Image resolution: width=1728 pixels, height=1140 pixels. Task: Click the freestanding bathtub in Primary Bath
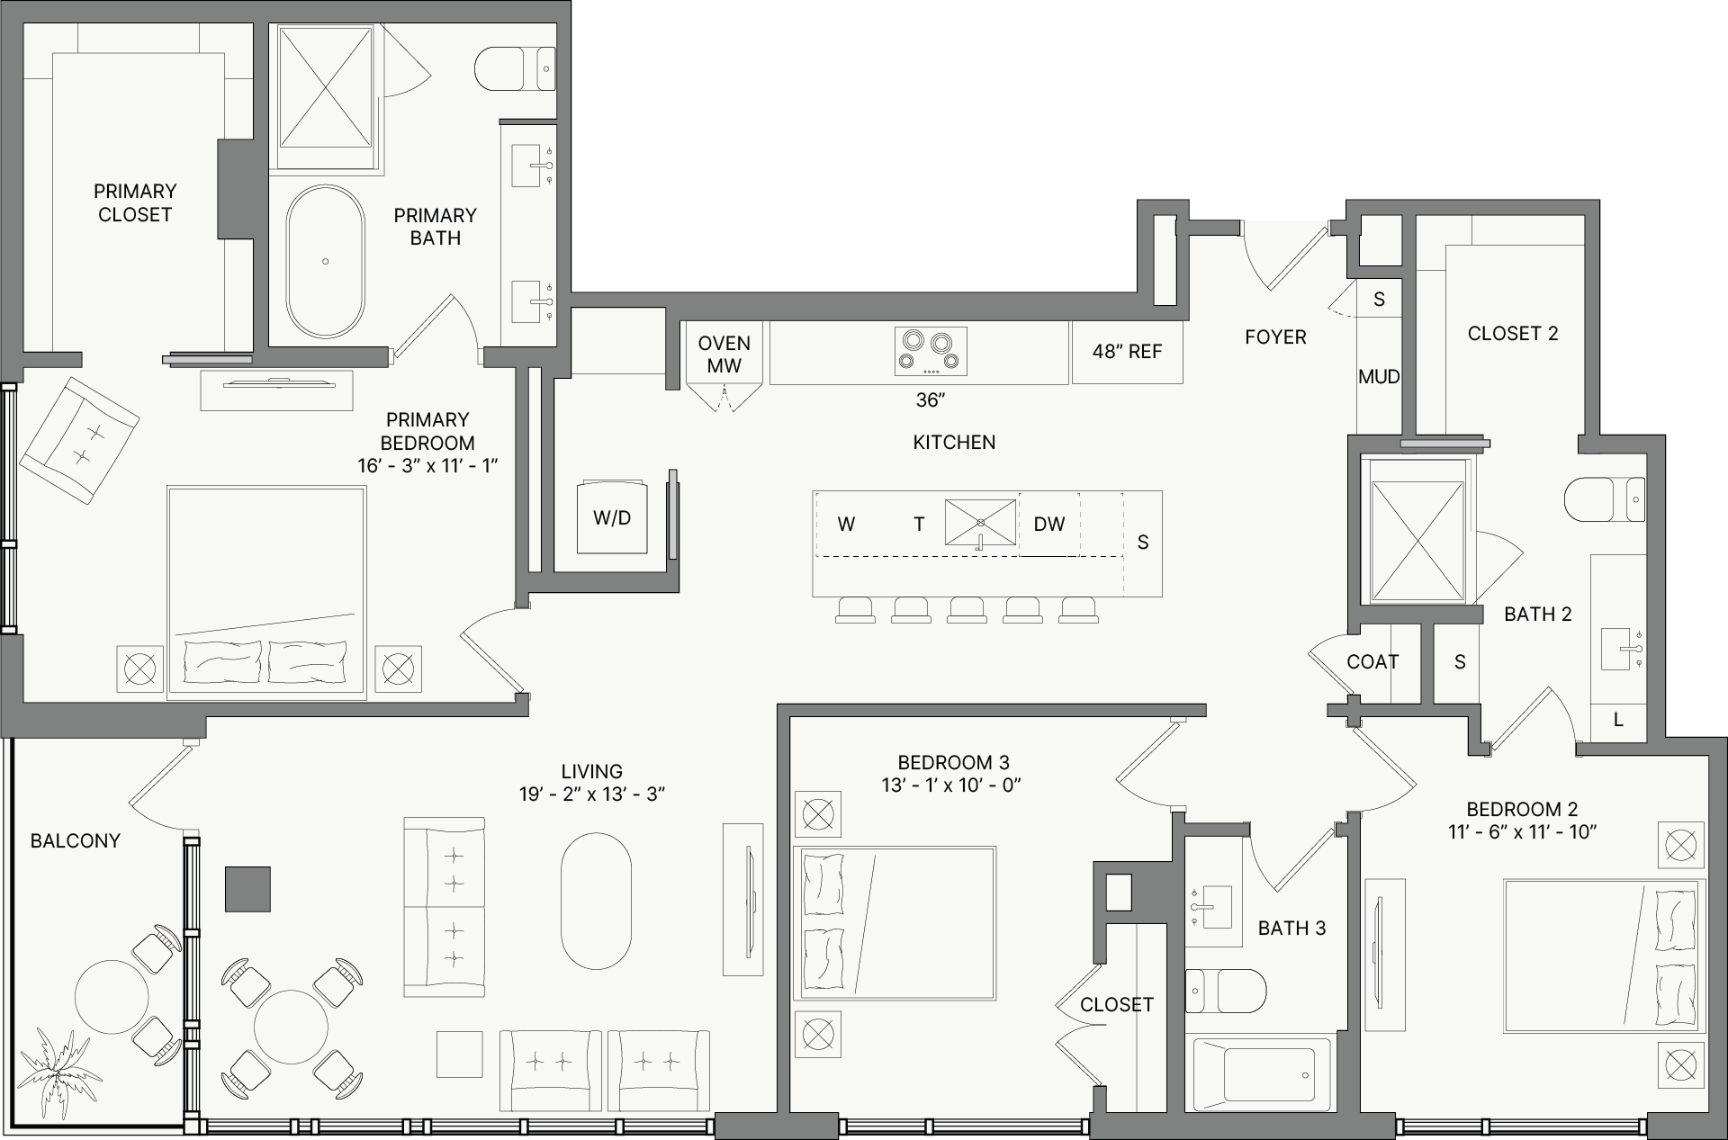point(325,261)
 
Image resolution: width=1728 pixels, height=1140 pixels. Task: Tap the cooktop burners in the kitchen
point(931,351)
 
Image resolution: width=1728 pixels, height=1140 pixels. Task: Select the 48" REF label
point(1127,352)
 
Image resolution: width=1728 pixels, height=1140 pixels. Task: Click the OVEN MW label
point(724,355)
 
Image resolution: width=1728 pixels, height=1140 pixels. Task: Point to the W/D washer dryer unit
point(612,517)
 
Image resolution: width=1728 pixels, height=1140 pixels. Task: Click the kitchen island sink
point(981,523)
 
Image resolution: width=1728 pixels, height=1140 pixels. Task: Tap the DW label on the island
point(1049,524)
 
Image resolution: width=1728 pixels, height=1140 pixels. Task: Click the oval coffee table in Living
point(596,901)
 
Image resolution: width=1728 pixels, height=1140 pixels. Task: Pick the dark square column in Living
point(247,889)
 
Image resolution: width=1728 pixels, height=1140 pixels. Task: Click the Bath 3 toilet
point(1225,990)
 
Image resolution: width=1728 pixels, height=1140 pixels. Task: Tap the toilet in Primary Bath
point(515,68)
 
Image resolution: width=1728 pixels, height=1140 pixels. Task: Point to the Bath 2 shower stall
point(1417,541)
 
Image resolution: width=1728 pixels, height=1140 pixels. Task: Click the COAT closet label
point(1372,662)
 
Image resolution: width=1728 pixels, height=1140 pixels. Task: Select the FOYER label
point(1275,337)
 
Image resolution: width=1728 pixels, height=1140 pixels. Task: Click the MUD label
point(1379,377)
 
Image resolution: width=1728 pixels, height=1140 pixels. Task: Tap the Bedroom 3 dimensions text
point(951,785)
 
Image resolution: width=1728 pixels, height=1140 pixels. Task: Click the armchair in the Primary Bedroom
point(79,440)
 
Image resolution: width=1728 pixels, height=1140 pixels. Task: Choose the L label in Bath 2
point(1618,720)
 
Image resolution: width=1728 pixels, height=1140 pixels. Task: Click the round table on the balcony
point(112,998)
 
